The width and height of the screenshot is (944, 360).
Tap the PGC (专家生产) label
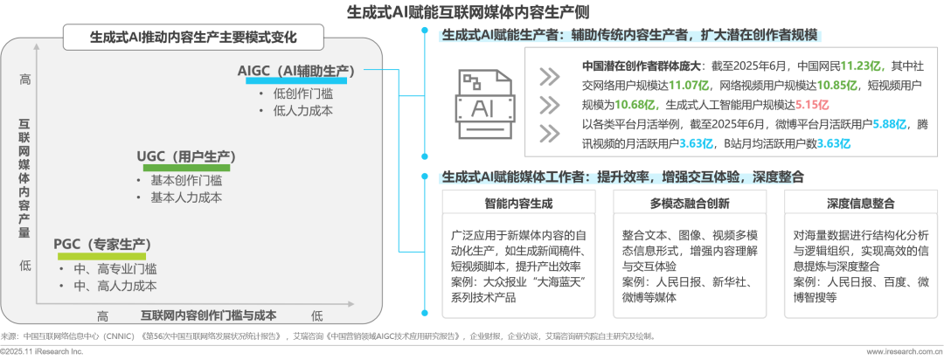[101, 244]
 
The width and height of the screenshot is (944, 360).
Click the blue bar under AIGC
[293, 82]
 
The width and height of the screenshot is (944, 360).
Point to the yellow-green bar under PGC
[102, 256]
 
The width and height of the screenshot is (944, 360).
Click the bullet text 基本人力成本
[185, 197]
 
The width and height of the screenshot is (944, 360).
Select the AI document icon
[482, 107]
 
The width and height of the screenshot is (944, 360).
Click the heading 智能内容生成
[518, 203]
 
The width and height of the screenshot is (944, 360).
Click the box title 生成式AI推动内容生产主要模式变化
[193, 38]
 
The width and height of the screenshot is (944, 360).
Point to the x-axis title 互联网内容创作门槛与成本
[208, 314]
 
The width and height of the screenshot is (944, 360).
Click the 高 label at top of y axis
[24, 79]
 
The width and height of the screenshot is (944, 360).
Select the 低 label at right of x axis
[316, 314]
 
